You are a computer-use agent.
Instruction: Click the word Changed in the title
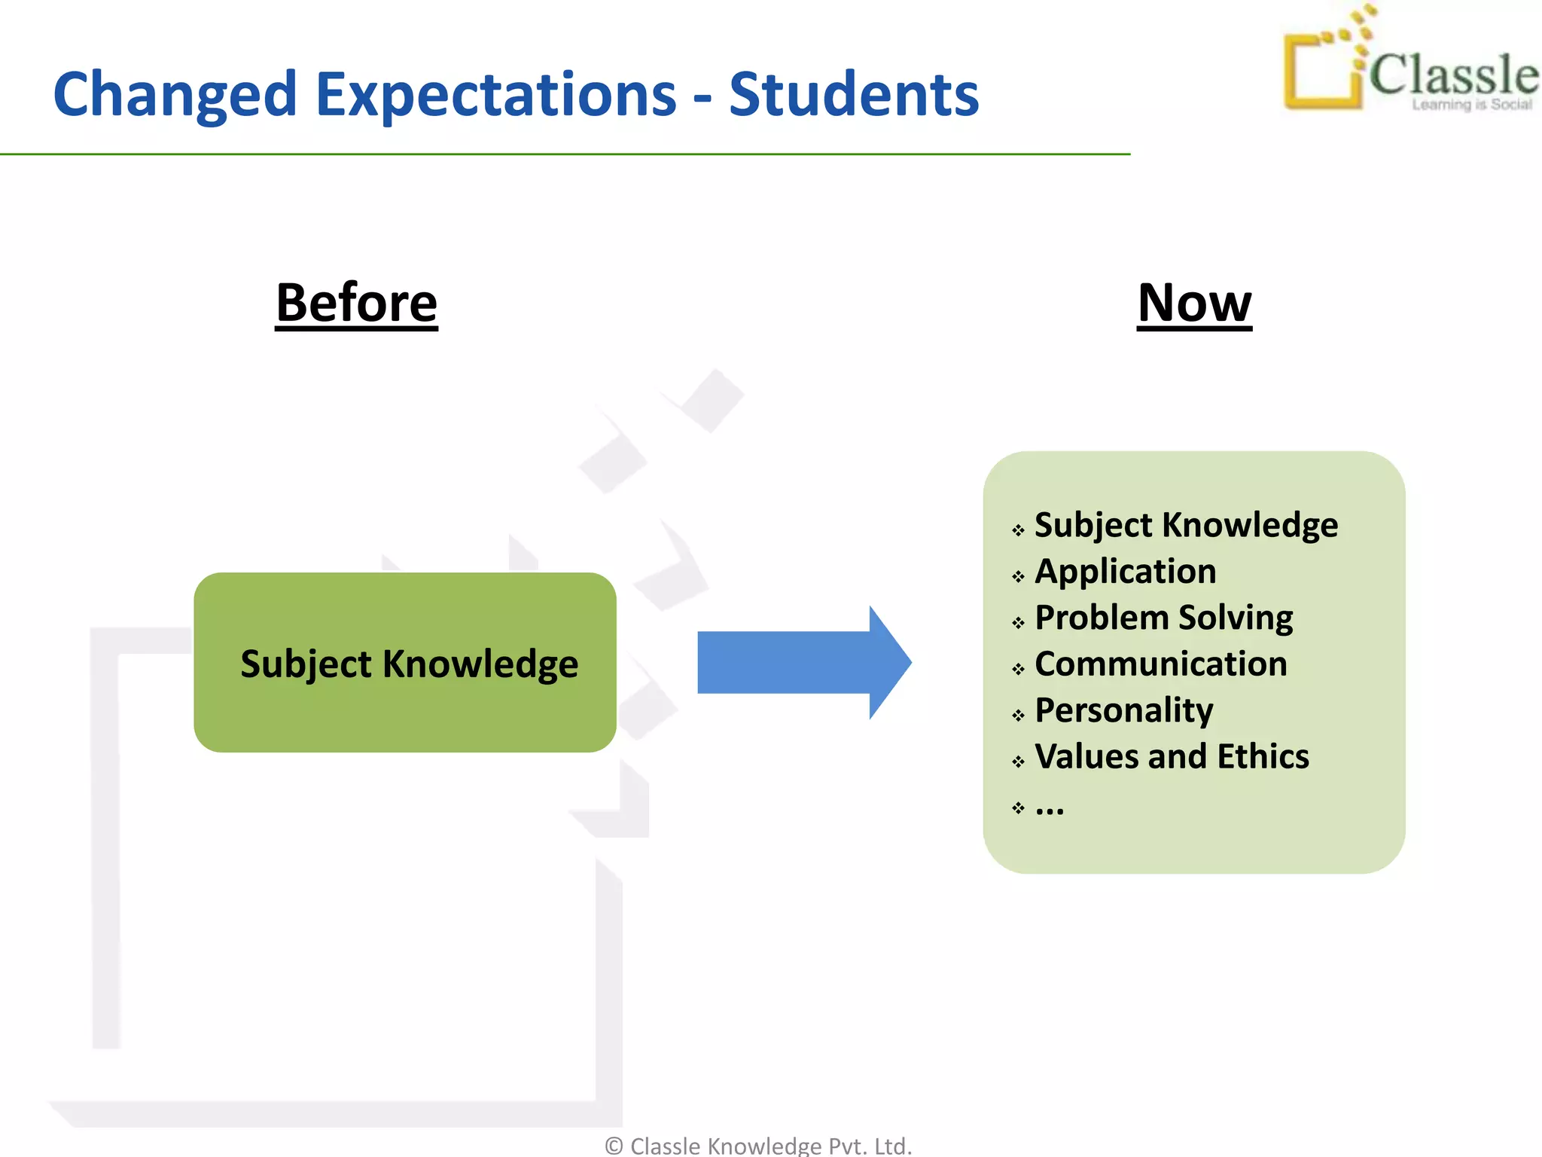point(175,95)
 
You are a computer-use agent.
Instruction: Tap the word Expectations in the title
point(495,95)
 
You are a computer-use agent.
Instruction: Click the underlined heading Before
point(356,303)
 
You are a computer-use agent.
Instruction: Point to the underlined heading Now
point(1194,303)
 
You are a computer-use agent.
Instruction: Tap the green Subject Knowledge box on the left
point(405,663)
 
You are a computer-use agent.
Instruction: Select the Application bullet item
point(1125,571)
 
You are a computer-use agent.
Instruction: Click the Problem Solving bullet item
point(1163,618)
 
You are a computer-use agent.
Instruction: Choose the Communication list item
point(1160,664)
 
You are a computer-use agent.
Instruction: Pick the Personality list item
point(1123,710)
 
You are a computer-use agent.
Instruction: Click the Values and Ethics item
point(1172,756)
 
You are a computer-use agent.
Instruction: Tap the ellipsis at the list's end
point(1050,807)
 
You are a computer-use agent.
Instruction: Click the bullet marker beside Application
point(1018,577)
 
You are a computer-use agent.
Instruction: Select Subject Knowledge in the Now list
point(1186,525)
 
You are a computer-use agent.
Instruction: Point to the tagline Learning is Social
point(1471,105)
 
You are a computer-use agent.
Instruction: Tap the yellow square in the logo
point(1322,72)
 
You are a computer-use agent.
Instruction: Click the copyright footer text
point(758,1146)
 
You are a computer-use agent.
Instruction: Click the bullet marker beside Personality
point(1018,716)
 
